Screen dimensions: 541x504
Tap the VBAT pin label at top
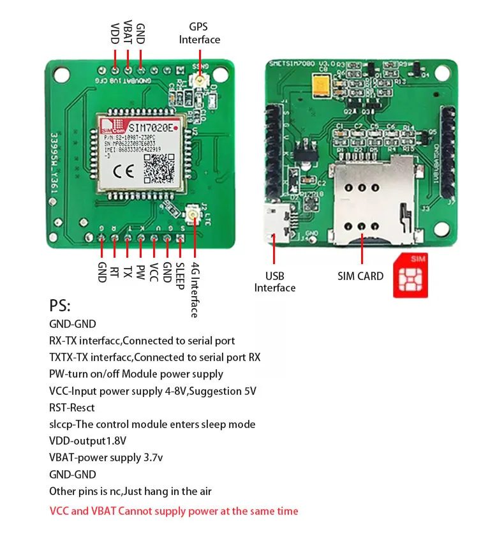[x=128, y=32]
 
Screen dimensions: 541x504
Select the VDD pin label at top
[x=115, y=34]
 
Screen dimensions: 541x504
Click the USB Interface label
[x=274, y=282]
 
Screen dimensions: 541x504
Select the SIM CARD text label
[x=360, y=276]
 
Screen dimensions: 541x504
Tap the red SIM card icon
[x=411, y=276]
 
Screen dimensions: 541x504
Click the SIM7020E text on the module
[x=150, y=127]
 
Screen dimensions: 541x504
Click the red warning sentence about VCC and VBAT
[x=174, y=511]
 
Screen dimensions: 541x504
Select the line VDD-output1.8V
[x=87, y=441]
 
